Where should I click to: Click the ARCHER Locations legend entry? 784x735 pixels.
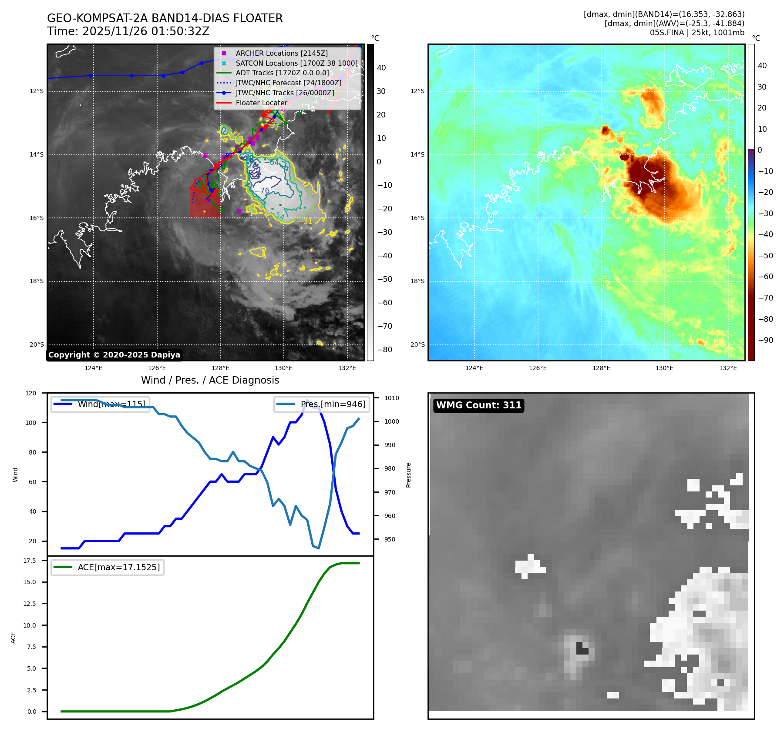pos(282,53)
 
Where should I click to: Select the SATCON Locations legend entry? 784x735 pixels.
pos(296,63)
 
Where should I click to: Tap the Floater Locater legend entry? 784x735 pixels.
pos(261,103)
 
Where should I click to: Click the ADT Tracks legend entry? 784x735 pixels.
pos(282,73)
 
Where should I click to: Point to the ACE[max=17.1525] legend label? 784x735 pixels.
pos(118,567)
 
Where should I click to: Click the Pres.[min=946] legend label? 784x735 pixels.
pos(333,404)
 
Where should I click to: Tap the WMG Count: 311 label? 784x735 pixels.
pos(478,405)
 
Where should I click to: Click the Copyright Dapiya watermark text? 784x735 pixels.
pos(114,355)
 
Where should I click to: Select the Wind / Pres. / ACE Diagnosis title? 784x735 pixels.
pos(210,380)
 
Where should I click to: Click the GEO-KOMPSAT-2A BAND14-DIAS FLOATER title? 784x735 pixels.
pos(165,18)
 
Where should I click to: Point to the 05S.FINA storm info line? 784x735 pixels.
pos(697,33)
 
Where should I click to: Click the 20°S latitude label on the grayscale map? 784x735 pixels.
pos(37,344)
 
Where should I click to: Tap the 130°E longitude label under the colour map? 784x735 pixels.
pos(664,368)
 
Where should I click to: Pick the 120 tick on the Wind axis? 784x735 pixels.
pos(31,393)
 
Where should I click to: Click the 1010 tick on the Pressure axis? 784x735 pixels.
pos(391,398)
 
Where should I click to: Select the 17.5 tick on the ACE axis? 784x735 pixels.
pos(30,561)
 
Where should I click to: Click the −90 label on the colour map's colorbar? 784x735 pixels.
pos(765,340)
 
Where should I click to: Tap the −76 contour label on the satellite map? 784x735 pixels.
pos(262,191)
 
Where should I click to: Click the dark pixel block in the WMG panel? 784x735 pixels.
pos(582,648)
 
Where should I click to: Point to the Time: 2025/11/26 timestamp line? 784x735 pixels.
pos(128,31)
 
